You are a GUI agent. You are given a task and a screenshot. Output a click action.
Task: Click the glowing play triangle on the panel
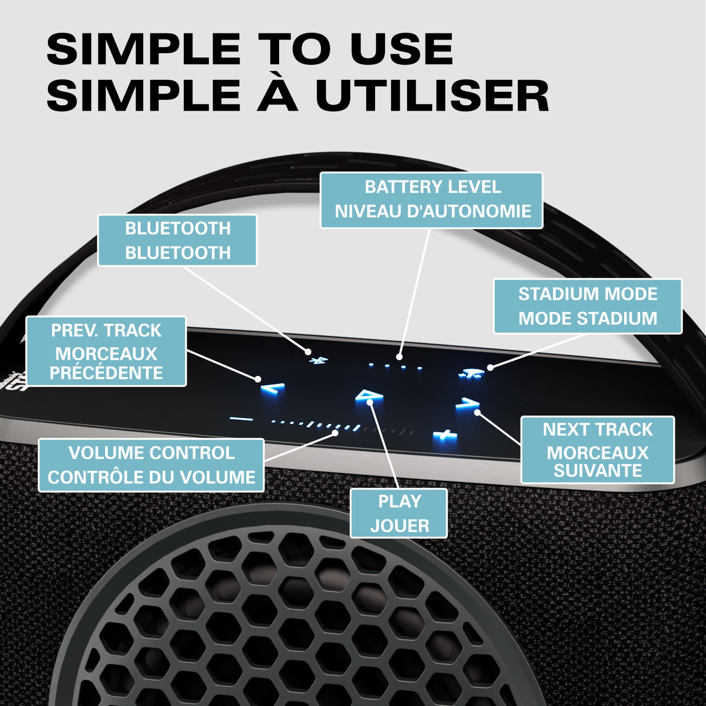[369, 397]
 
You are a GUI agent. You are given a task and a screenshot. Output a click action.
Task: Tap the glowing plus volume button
[445, 436]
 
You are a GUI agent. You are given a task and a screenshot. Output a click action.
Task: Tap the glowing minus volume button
[241, 418]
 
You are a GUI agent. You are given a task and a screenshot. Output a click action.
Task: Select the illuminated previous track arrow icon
[273, 389]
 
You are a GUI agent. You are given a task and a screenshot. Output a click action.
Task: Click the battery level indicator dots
[395, 366]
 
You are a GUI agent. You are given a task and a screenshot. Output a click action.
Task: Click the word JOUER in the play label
[400, 526]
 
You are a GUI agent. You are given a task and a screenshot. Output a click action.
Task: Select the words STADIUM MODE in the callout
[588, 294]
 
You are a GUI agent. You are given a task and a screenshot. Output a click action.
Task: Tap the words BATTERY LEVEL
[433, 187]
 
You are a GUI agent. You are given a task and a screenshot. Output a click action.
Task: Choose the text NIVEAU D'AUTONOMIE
[433, 211]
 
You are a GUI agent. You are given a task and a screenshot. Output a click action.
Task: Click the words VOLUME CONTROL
[152, 453]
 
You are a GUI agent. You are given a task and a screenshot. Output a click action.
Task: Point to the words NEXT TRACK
[598, 430]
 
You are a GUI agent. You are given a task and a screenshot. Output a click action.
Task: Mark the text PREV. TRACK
[106, 330]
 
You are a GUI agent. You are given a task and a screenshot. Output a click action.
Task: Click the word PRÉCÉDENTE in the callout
[106, 373]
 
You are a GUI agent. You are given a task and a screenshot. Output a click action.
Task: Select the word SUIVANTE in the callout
[598, 471]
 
